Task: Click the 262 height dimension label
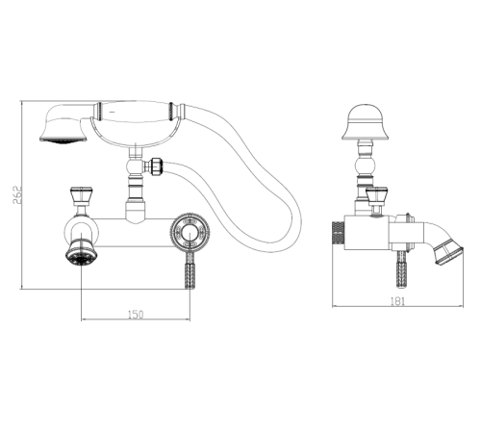point(17,194)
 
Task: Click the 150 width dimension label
point(136,315)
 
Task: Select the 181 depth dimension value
point(397,301)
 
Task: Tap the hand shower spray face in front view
point(63,140)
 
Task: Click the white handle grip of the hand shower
point(135,113)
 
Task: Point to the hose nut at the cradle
point(156,166)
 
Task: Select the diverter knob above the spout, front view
point(81,196)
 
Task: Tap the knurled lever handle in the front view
point(190,270)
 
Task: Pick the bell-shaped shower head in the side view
point(366,122)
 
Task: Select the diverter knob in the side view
point(377,196)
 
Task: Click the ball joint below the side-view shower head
point(366,166)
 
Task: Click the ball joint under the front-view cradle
point(136,166)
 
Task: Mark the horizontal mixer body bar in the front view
point(135,233)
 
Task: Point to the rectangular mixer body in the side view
point(367,233)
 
